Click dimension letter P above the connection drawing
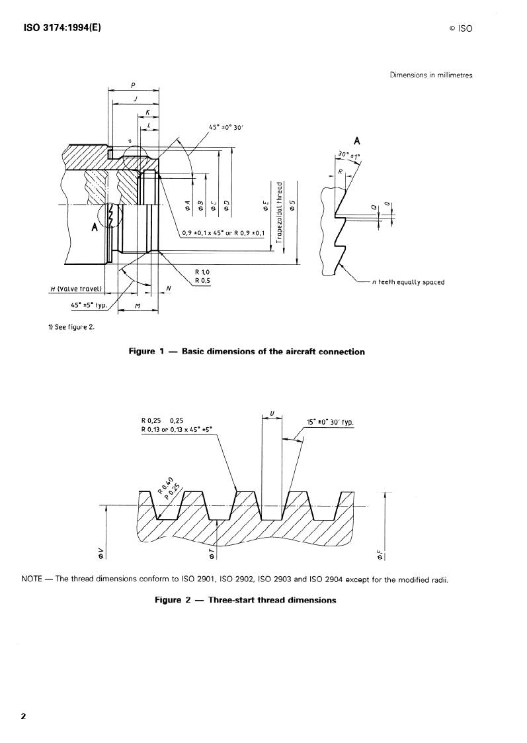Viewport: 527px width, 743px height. tap(133, 86)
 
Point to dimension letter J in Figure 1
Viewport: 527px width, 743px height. tap(135, 99)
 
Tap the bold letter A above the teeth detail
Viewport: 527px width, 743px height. tap(357, 140)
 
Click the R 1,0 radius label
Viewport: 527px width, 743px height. tap(202, 272)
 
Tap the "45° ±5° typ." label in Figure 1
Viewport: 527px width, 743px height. tap(88, 305)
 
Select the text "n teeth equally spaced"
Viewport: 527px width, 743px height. tap(408, 282)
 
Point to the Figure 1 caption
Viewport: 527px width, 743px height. tap(246, 352)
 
